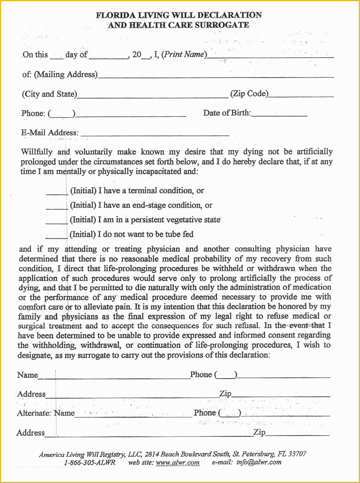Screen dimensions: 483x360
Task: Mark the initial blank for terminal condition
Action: (x=57, y=193)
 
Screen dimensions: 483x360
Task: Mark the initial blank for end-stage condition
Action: (x=57, y=208)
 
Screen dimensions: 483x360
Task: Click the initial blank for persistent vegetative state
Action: (x=57, y=222)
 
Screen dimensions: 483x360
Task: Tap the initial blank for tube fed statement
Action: (x=57, y=237)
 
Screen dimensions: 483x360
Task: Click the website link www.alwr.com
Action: (x=177, y=463)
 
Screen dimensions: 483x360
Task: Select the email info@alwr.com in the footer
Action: (x=259, y=463)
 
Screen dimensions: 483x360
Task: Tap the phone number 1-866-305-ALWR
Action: (x=90, y=463)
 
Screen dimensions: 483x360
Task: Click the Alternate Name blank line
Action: (x=133, y=415)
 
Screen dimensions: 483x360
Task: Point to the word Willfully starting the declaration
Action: (x=37, y=152)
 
